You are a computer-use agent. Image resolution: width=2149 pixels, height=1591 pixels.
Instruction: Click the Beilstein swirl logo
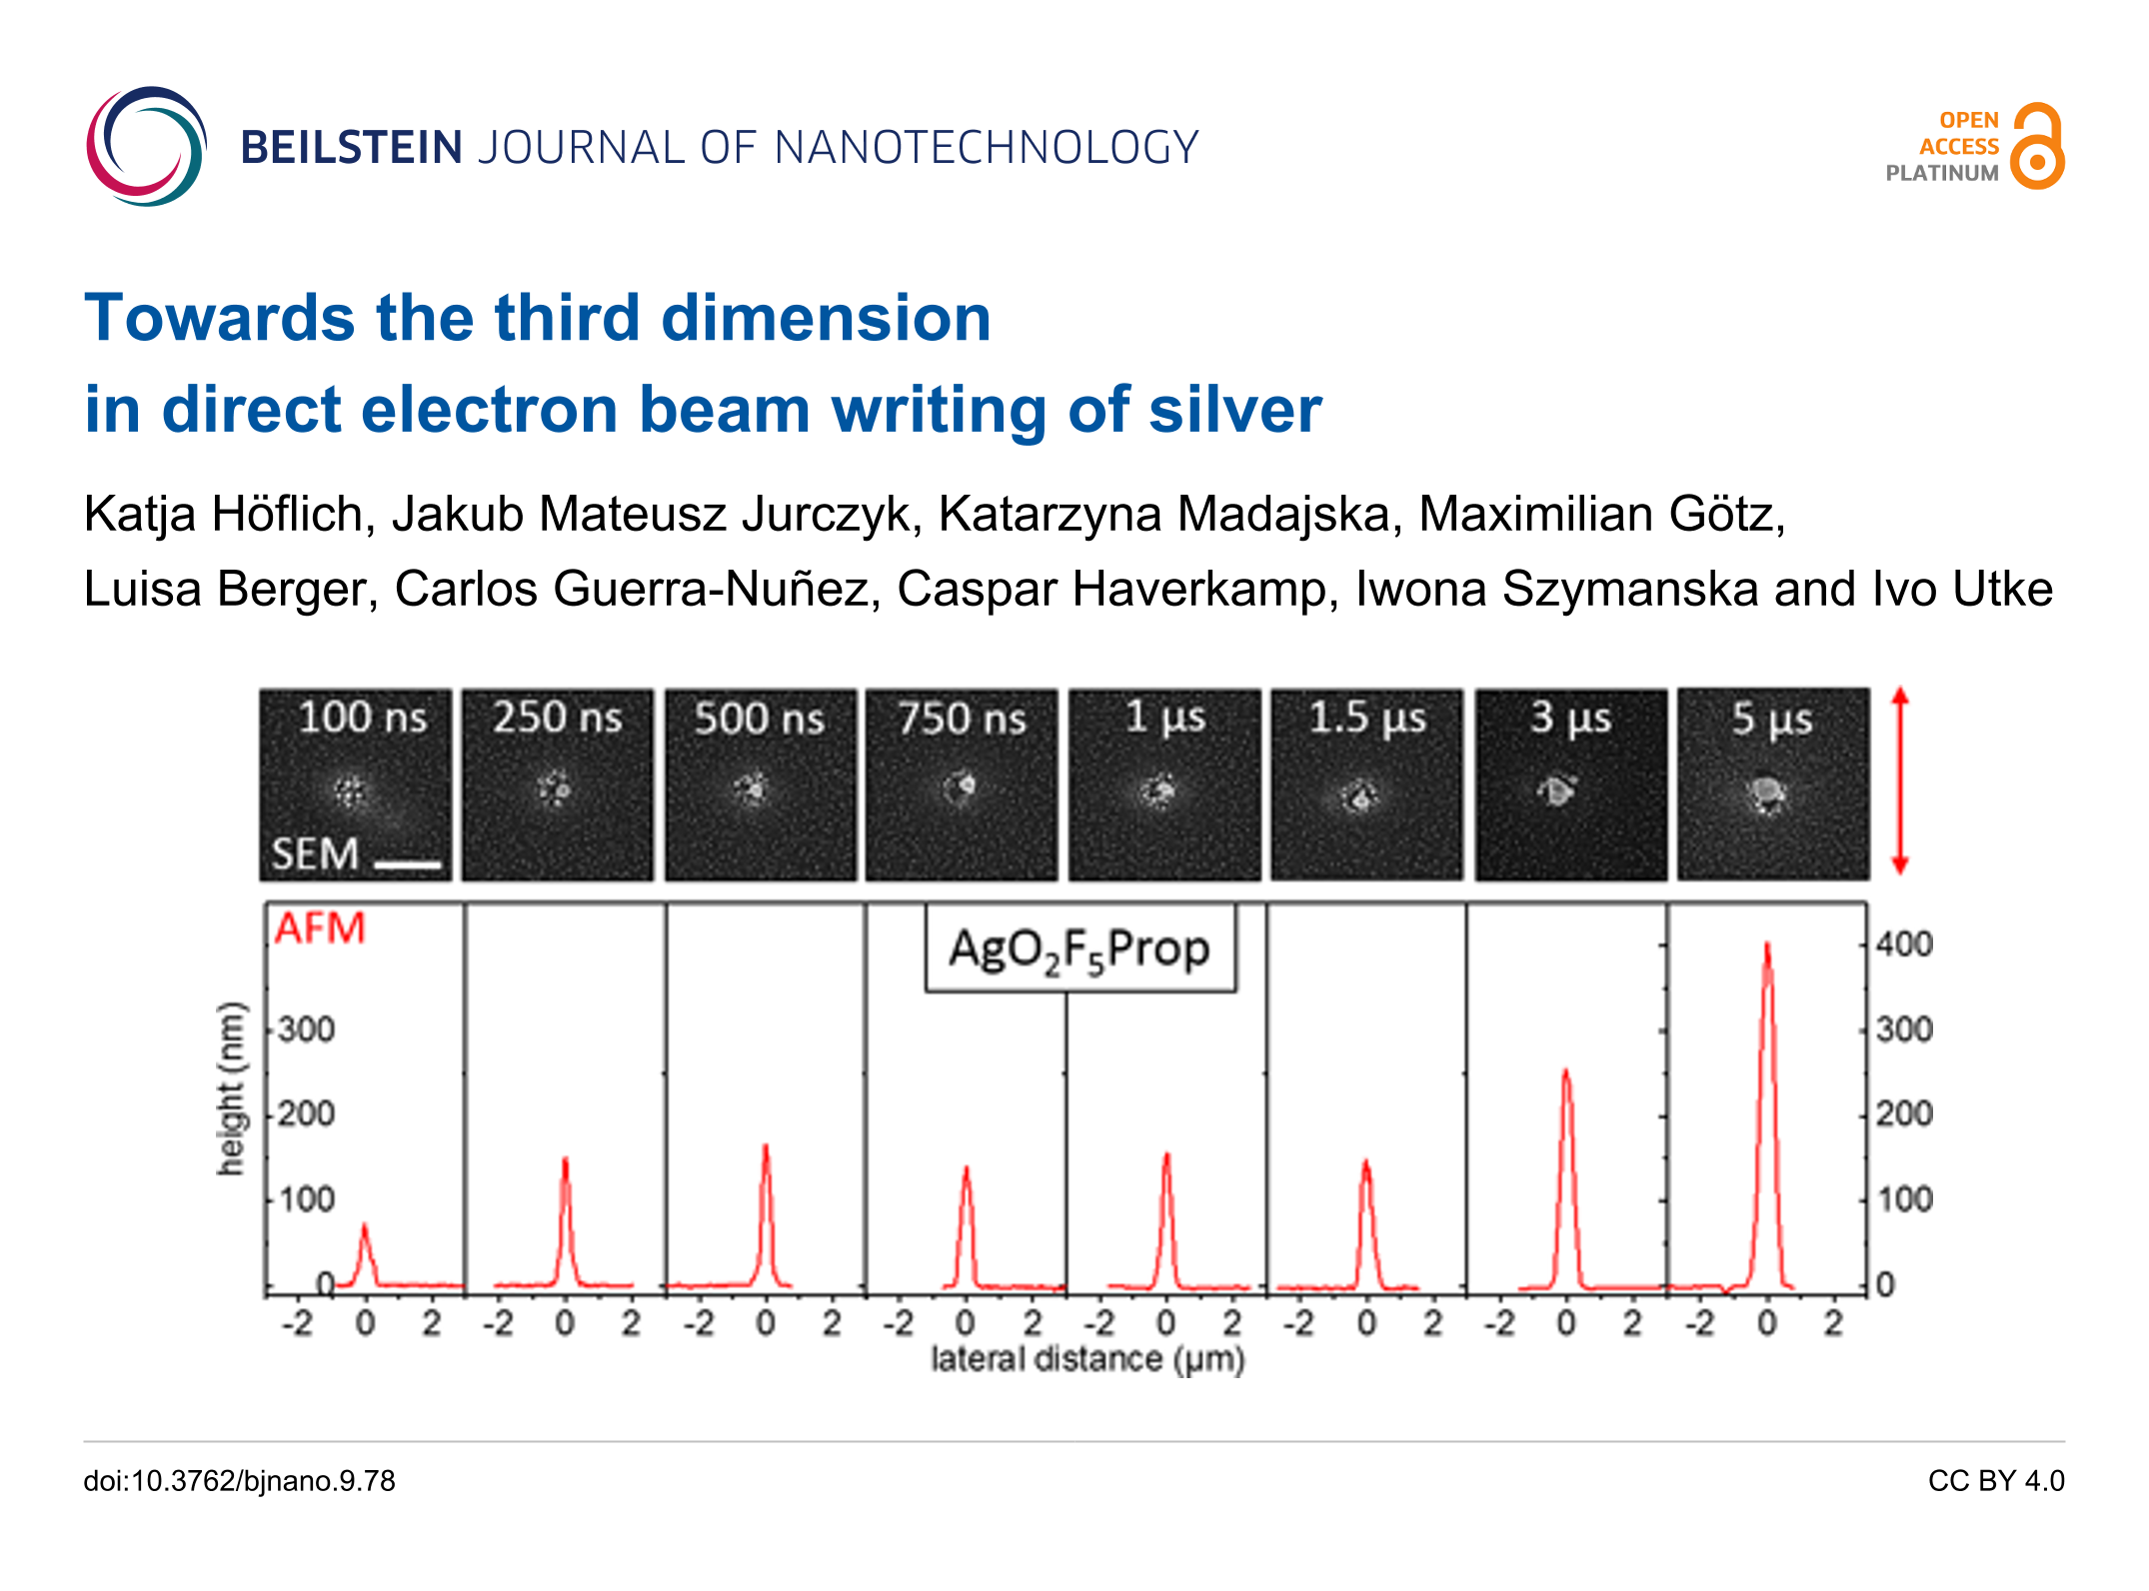point(146,147)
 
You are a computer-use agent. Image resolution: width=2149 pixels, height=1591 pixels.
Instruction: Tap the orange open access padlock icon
point(2037,146)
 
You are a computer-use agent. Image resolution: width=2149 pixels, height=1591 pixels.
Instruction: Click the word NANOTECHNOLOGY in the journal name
point(986,148)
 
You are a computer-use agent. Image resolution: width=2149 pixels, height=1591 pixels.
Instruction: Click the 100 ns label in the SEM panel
point(362,717)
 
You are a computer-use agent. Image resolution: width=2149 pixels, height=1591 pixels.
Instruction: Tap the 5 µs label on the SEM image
point(1771,718)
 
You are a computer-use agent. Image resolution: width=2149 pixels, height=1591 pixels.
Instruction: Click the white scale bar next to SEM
point(408,863)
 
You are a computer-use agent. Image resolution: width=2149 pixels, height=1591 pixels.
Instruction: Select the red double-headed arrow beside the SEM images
point(1900,781)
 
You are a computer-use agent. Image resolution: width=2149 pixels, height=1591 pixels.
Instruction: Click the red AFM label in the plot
point(320,928)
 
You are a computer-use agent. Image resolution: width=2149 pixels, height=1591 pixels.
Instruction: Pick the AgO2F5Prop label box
point(1079,948)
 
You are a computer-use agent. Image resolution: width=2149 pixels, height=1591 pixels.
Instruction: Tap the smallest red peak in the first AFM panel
point(364,1229)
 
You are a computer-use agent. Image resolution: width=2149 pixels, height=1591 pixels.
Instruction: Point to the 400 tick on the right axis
point(1904,943)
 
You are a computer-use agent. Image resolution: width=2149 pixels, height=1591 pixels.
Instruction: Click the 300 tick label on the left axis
point(307,1029)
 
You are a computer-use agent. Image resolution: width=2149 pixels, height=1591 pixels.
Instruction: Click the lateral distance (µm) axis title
point(1087,1359)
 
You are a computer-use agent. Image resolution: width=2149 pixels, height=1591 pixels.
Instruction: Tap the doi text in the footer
point(240,1480)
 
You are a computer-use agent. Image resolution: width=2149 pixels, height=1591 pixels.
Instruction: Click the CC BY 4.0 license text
point(1995,1480)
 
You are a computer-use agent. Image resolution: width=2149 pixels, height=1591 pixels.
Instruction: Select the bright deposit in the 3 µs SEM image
point(1556,791)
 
